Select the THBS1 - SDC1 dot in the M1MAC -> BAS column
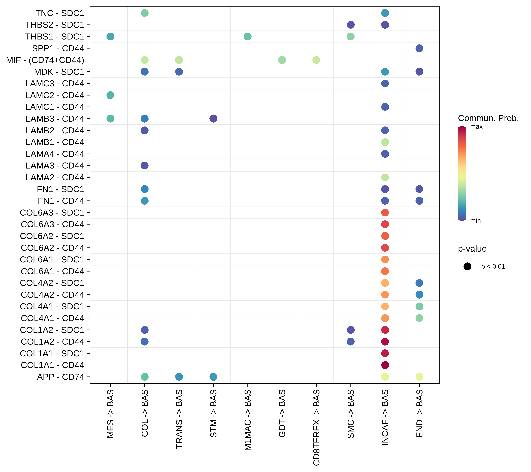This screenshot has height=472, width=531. (x=248, y=37)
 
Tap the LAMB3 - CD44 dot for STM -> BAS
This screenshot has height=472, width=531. (x=213, y=119)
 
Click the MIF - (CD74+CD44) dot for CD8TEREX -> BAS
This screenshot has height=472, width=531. (x=316, y=60)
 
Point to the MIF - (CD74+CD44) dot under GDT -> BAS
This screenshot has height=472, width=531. (x=282, y=60)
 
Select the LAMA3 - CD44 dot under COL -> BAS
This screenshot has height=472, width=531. (x=145, y=166)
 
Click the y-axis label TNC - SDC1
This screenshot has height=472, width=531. (x=60, y=13)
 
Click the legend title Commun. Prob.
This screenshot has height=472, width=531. (x=488, y=118)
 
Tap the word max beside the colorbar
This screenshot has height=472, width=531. (x=476, y=127)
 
